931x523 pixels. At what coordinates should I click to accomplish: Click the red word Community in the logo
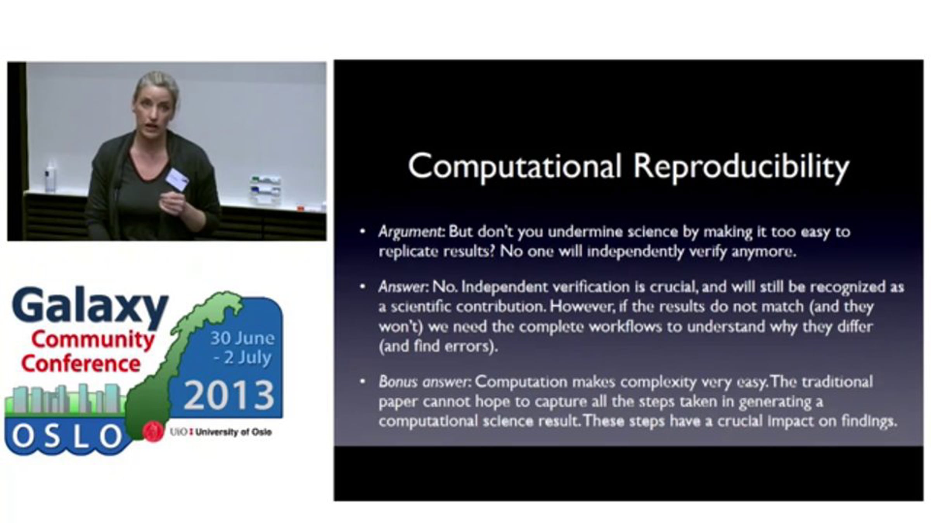tap(93, 339)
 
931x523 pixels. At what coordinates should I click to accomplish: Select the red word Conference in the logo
tap(81, 363)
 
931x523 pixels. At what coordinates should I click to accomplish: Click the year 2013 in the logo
tap(229, 395)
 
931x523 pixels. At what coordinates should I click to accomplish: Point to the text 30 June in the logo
tap(242, 338)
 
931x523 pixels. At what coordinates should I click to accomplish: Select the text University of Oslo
tap(233, 432)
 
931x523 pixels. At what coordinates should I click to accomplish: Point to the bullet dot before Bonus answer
tap(363, 382)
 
